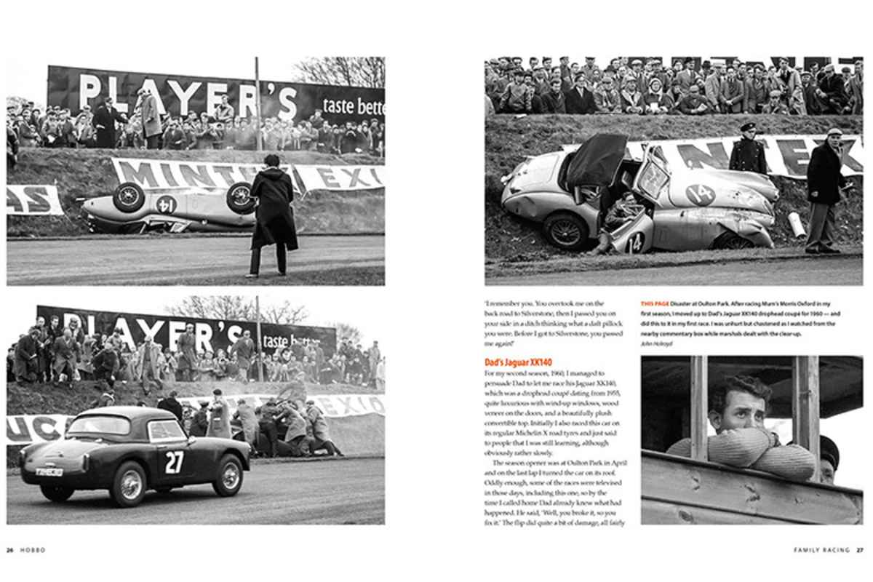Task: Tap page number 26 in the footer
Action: [x=10, y=550]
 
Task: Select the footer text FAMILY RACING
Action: [x=821, y=550]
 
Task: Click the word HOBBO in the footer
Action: [x=33, y=550]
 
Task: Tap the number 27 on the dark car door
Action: [x=174, y=462]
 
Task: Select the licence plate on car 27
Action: [x=49, y=471]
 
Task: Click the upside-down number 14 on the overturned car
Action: [x=166, y=204]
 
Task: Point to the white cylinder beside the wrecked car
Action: [x=797, y=224]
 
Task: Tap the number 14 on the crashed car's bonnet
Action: [x=699, y=194]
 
